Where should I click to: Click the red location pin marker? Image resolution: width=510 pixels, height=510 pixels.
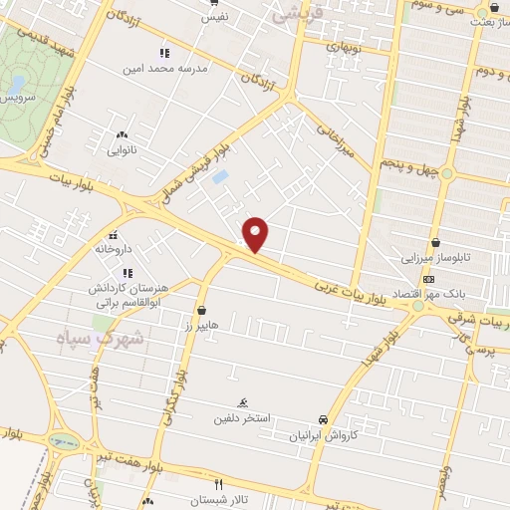(256, 233)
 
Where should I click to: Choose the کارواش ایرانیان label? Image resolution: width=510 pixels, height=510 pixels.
(323, 436)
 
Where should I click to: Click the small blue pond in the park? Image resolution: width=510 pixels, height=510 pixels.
(16, 83)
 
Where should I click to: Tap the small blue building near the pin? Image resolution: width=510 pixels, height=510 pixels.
(220, 177)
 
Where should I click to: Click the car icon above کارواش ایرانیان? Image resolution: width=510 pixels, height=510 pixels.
(323, 419)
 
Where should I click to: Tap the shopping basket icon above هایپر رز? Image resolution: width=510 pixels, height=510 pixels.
(203, 310)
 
